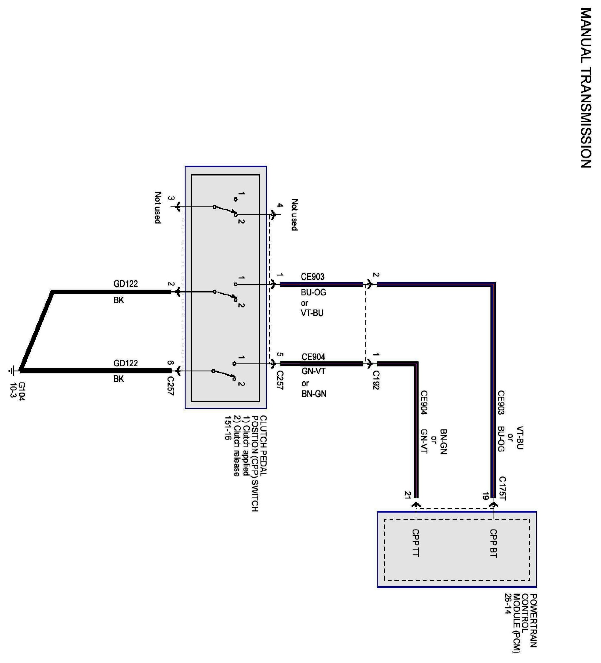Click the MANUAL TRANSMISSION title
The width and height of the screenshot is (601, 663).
(x=586, y=88)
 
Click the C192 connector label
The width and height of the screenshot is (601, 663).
(x=376, y=380)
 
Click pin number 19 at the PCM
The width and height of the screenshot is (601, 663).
(x=485, y=496)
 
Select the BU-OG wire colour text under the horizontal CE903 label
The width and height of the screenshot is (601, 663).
(x=313, y=292)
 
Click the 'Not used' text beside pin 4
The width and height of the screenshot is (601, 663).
(x=295, y=215)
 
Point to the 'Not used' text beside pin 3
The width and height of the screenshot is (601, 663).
(x=158, y=208)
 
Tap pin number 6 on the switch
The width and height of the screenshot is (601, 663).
(x=170, y=363)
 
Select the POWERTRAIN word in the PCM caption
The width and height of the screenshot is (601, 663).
(x=534, y=620)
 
